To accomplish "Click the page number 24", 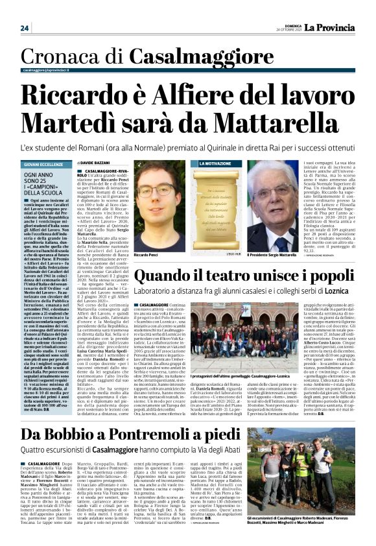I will coord(25,29).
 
